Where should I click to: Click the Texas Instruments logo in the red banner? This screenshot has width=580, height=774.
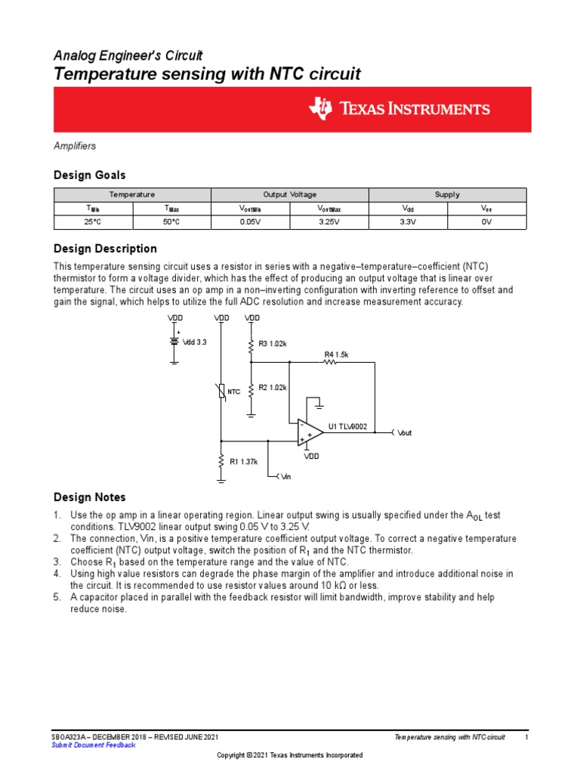coord(399,109)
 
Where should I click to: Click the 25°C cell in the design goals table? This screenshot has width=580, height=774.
coord(93,221)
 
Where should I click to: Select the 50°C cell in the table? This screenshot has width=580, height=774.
coord(171,221)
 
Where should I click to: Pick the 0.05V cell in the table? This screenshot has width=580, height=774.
coord(250,221)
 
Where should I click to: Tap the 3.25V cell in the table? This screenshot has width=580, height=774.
coord(329,221)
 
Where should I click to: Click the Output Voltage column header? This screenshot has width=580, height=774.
coord(289,194)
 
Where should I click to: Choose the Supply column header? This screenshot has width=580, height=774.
coord(446,194)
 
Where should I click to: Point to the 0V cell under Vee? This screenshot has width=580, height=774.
coord(486,221)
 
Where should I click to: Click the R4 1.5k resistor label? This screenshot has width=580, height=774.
coord(336,354)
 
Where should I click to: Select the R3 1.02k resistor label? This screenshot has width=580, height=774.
coord(273,344)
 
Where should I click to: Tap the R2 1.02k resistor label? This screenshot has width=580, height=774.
coord(273,388)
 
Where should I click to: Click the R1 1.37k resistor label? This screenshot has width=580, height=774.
coord(244,461)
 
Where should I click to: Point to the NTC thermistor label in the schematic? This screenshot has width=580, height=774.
coord(234,392)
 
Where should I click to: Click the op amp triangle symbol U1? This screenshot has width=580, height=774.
coord(310,433)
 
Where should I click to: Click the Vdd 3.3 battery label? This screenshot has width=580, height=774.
coord(196,342)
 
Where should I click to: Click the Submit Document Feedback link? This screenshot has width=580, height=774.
coord(93,745)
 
